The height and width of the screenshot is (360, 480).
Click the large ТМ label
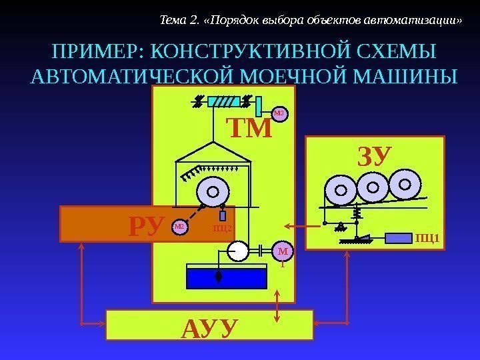250,128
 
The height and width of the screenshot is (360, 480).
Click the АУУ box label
209,328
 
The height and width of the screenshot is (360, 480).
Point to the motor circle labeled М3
279,114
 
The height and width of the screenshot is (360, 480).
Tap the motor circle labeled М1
283,252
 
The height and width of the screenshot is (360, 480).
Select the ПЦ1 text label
427,238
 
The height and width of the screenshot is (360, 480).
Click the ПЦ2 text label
222,229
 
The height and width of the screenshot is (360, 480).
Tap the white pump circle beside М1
237,251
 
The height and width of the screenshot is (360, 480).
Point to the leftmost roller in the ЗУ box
340,190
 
